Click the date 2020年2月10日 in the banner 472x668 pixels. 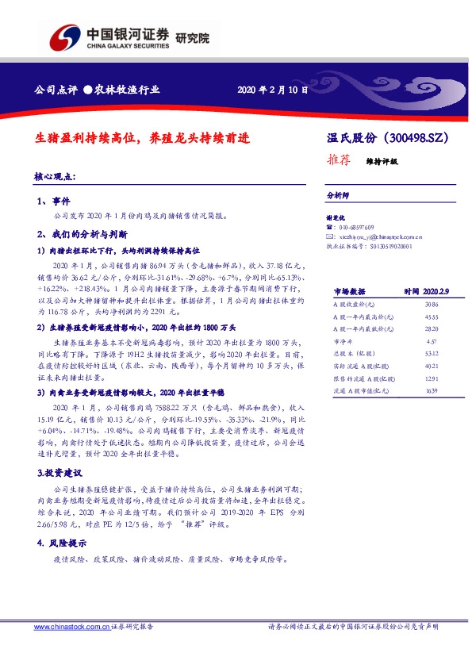coord(272,90)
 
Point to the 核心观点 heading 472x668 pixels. coord(56,176)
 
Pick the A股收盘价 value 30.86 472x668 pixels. coord(432,304)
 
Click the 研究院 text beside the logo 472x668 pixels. coord(192,37)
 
